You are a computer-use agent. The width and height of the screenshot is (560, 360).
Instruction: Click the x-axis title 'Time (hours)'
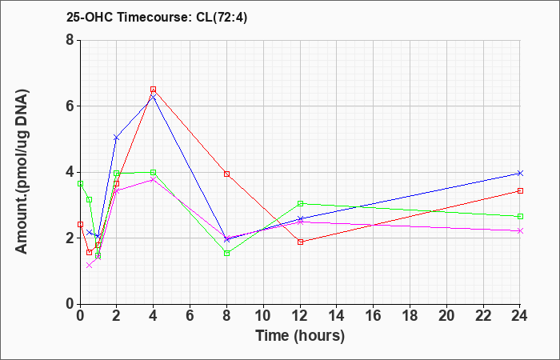[300, 336]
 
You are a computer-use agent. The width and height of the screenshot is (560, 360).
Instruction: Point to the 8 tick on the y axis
[69, 40]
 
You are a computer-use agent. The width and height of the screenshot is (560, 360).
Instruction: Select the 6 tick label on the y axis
[69, 106]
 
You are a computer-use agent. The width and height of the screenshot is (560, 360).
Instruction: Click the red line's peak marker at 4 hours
[153, 90]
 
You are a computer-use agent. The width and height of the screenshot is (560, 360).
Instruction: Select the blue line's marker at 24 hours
[520, 173]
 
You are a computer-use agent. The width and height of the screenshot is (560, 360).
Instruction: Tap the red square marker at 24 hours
[520, 190]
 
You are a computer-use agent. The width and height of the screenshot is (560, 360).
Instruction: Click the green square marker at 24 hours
[520, 216]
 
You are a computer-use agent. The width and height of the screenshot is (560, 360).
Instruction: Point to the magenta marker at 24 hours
[520, 230]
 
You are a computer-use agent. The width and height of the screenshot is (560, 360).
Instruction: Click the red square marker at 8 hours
[226, 174]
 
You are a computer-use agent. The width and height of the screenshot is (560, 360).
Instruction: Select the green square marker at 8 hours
[226, 253]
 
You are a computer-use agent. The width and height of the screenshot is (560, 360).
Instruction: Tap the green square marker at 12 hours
[300, 203]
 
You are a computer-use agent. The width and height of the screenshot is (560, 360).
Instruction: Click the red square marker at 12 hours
[300, 242]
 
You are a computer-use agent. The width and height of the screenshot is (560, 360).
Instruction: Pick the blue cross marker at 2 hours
[116, 138]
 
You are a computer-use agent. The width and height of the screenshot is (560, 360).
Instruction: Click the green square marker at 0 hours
[80, 183]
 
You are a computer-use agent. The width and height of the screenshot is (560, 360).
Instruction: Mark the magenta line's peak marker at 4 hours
[153, 179]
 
